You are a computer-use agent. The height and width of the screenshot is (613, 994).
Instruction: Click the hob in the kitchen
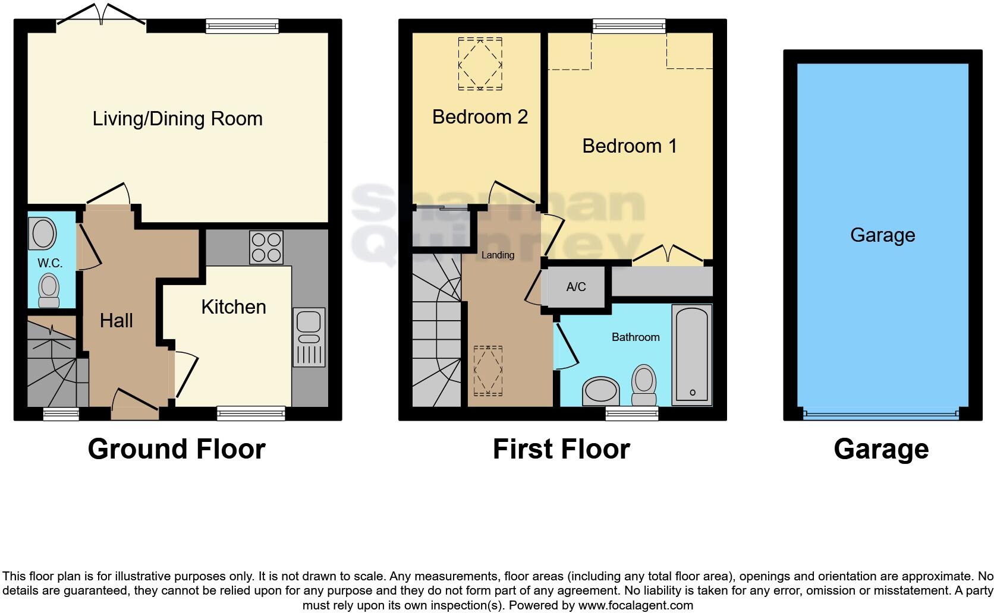point(266,247)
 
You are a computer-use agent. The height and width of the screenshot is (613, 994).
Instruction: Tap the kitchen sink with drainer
point(309,337)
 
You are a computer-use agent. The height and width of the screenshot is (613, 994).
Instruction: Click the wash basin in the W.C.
point(43,234)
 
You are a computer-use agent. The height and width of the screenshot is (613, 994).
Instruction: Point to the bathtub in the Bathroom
point(692,355)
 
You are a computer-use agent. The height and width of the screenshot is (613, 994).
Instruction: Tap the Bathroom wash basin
point(601,391)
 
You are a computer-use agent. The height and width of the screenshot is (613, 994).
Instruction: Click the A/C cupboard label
point(575,287)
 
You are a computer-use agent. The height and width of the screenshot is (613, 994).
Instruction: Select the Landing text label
point(498,255)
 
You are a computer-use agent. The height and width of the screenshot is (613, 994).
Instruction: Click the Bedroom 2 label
point(480,116)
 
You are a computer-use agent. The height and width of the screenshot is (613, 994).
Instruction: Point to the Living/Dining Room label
point(177,119)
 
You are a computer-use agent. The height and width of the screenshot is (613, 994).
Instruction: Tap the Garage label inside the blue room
point(882,235)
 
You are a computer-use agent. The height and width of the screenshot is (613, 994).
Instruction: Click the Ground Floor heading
point(177,449)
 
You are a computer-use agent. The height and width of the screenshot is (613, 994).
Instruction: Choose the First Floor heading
point(561,449)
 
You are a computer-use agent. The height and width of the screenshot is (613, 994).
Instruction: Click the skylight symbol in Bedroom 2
point(480,64)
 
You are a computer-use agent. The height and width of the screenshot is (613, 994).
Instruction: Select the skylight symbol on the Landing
point(487,371)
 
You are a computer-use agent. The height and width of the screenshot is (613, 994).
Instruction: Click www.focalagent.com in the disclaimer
point(635,605)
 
